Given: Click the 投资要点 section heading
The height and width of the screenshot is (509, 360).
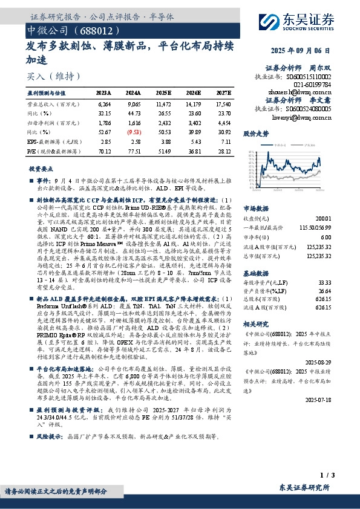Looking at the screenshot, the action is pyautogui.click(x=42, y=169).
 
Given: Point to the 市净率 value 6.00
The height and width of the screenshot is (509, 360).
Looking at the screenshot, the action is pyautogui.click(x=326, y=238).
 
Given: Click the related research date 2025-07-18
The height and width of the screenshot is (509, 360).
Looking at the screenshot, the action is pyautogui.click(x=318, y=398).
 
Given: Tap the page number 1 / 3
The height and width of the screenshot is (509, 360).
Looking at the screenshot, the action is pyautogui.click(x=326, y=475).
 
